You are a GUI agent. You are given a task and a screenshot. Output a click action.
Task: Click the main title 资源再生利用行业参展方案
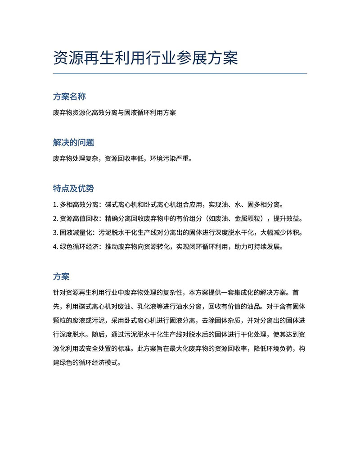[145, 58]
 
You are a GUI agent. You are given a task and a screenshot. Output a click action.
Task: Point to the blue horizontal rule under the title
[180, 73]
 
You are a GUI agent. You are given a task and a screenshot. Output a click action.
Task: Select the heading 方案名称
[70, 97]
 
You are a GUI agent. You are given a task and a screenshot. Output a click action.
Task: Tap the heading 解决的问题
[74, 143]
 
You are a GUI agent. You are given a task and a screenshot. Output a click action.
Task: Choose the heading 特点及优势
[74, 188]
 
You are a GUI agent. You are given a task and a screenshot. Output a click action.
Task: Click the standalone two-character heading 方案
[61, 276]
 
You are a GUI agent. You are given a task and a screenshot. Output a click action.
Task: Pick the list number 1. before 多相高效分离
[55, 204]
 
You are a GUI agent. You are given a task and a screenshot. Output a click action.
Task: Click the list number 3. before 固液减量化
[55, 233]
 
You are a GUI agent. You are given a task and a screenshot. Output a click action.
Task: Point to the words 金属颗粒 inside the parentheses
[244, 219]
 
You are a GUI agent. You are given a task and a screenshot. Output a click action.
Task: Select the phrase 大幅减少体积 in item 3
[282, 233]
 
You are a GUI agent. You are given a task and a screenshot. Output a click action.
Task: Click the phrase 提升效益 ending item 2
[286, 219]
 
